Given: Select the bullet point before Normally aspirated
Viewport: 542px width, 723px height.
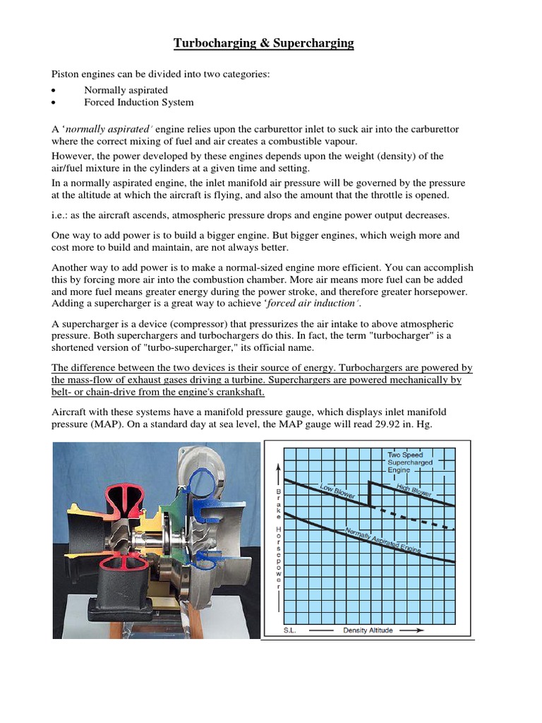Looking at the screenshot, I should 54,90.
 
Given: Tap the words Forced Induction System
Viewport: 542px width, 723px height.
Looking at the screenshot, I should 138,102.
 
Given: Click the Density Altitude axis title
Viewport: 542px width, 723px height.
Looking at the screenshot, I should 368,630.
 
